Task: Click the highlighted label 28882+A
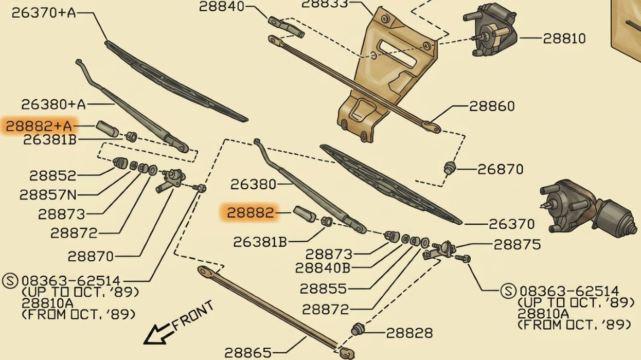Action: (39, 126)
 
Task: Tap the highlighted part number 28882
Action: (251, 212)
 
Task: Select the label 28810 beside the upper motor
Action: (564, 39)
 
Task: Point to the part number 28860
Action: (492, 106)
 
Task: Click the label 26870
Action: (501, 169)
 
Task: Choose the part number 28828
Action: (409, 333)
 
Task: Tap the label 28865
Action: (248, 353)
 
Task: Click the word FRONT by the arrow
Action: (193, 315)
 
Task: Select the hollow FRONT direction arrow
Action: (157, 334)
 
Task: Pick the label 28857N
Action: (48, 195)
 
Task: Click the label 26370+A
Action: (44, 13)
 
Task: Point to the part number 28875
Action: (518, 244)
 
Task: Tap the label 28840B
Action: (323, 268)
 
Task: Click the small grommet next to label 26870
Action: (450, 168)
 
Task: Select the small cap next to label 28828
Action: (358, 329)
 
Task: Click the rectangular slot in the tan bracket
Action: (397, 53)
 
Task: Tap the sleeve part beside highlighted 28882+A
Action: (108, 129)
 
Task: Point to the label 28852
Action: (53, 176)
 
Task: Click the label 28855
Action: (324, 289)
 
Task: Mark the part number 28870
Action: (91, 257)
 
